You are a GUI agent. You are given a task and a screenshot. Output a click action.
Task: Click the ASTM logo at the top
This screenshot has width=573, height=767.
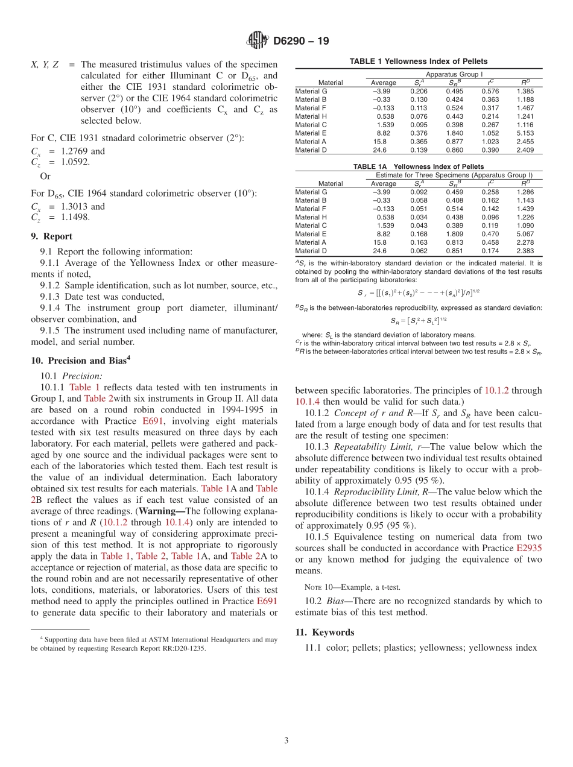[258, 41]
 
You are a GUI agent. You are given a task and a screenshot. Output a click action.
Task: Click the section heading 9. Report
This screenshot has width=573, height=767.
[51, 236]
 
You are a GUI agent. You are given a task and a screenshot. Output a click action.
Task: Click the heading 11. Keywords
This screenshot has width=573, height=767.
[324, 632]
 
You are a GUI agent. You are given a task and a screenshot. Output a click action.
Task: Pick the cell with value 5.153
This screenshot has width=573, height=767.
[525, 133]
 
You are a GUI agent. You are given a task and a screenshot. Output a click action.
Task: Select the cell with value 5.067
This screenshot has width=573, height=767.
[525, 234]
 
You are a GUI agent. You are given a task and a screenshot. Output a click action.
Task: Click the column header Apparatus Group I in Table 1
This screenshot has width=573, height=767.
[454, 74]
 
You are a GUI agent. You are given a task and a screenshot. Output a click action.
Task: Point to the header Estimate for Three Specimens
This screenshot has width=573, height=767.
[454, 175]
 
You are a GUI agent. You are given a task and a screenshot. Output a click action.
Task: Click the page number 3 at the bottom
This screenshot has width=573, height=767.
[286, 740]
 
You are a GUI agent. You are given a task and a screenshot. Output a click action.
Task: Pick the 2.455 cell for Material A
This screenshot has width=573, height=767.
[525, 142]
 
